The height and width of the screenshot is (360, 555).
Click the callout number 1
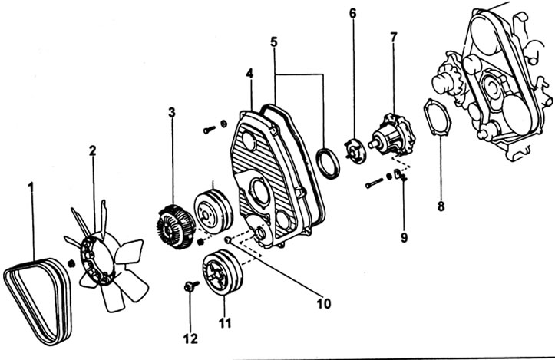point(31,187)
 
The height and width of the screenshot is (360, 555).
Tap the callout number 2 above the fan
point(92,150)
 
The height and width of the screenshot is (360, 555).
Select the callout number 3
point(172,113)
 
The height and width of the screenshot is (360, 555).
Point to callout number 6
point(353,13)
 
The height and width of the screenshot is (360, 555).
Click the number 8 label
point(441,206)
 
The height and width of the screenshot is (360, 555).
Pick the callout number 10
point(323,303)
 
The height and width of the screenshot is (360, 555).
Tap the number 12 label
point(190,339)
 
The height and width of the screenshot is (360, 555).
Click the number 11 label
point(225,323)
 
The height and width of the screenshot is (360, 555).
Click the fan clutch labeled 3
point(176,226)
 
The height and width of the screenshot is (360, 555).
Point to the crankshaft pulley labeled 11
point(223,272)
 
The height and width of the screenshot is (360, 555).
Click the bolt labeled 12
point(191,286)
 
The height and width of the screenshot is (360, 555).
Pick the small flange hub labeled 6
point(355,151)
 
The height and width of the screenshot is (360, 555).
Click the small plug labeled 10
point(228,241)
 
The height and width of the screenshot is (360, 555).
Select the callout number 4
point(250,74)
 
